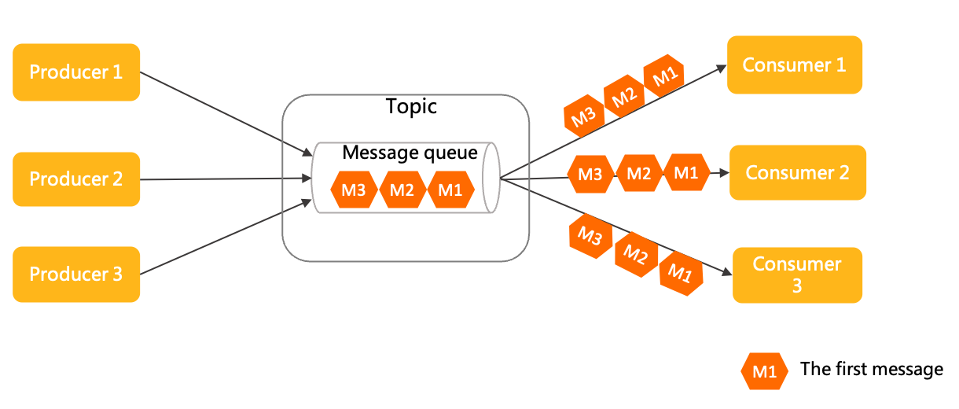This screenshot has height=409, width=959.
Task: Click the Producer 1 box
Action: tap(76, 72)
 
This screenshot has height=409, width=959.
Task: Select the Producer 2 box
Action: tap(76, 179)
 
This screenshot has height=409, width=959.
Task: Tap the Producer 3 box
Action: tap(76, 275)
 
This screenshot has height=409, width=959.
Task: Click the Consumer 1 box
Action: tap(794, 65)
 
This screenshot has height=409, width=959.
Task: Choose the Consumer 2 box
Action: tap(797, 172)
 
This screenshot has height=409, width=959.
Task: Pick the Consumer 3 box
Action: tap(797, 275)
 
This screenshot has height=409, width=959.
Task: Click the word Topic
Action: tap(411, 107)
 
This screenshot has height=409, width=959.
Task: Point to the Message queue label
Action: tap(410, 153)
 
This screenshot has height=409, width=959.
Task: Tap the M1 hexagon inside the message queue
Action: tap(451, 190)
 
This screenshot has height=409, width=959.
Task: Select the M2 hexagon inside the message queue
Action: tap(402, 190)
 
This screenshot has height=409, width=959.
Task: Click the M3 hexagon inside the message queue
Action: tap(354, 190)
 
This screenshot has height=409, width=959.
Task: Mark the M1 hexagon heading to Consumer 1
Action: tap(664, 76)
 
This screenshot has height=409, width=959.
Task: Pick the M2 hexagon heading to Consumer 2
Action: tap(638, 174)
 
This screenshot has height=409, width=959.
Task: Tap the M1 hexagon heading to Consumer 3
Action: tap(680, 273)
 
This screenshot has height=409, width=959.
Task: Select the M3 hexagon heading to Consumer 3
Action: tap(590, 235)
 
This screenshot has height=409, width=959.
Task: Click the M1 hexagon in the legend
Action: tap(764, 371)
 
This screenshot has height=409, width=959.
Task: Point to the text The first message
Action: tap(871, 369)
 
